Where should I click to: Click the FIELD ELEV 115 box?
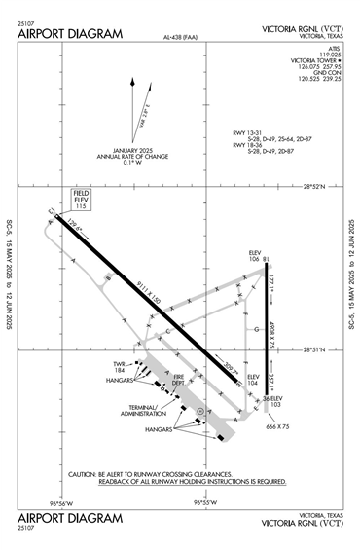tap(81, 200)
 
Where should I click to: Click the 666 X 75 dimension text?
tap(277, 425)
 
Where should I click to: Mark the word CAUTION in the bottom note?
tap(83, 474)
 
